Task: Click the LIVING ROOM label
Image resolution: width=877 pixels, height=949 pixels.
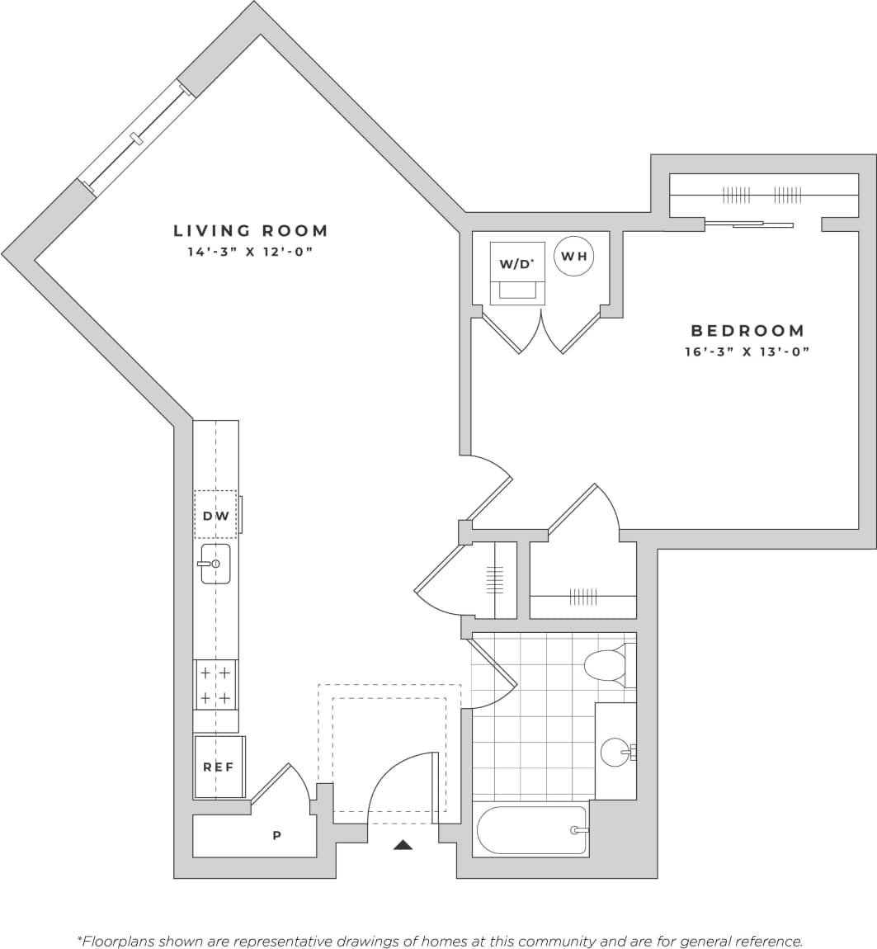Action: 251,231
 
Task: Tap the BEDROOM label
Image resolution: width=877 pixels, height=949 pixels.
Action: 747,331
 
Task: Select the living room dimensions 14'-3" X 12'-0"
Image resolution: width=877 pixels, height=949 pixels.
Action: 251,252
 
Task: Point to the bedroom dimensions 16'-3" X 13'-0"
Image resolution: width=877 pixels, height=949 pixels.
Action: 747,352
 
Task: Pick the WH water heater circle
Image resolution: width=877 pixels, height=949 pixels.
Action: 574,256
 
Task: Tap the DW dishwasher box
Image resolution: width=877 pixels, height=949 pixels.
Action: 215,516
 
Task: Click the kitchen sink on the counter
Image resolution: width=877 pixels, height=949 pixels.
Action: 215,564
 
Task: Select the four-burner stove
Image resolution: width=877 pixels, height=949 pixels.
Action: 215,685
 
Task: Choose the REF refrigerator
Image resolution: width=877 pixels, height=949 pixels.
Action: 219,767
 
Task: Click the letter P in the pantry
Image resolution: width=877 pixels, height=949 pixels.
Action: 277,836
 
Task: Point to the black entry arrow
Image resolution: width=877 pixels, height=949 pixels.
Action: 403,844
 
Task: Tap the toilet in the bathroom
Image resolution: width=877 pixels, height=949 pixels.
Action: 606,665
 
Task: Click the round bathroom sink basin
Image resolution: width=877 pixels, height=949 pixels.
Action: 615,752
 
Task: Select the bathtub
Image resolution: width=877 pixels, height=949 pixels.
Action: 532,830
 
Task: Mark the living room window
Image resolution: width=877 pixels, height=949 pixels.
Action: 137,138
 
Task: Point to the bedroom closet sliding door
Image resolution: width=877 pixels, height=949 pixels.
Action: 749,223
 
